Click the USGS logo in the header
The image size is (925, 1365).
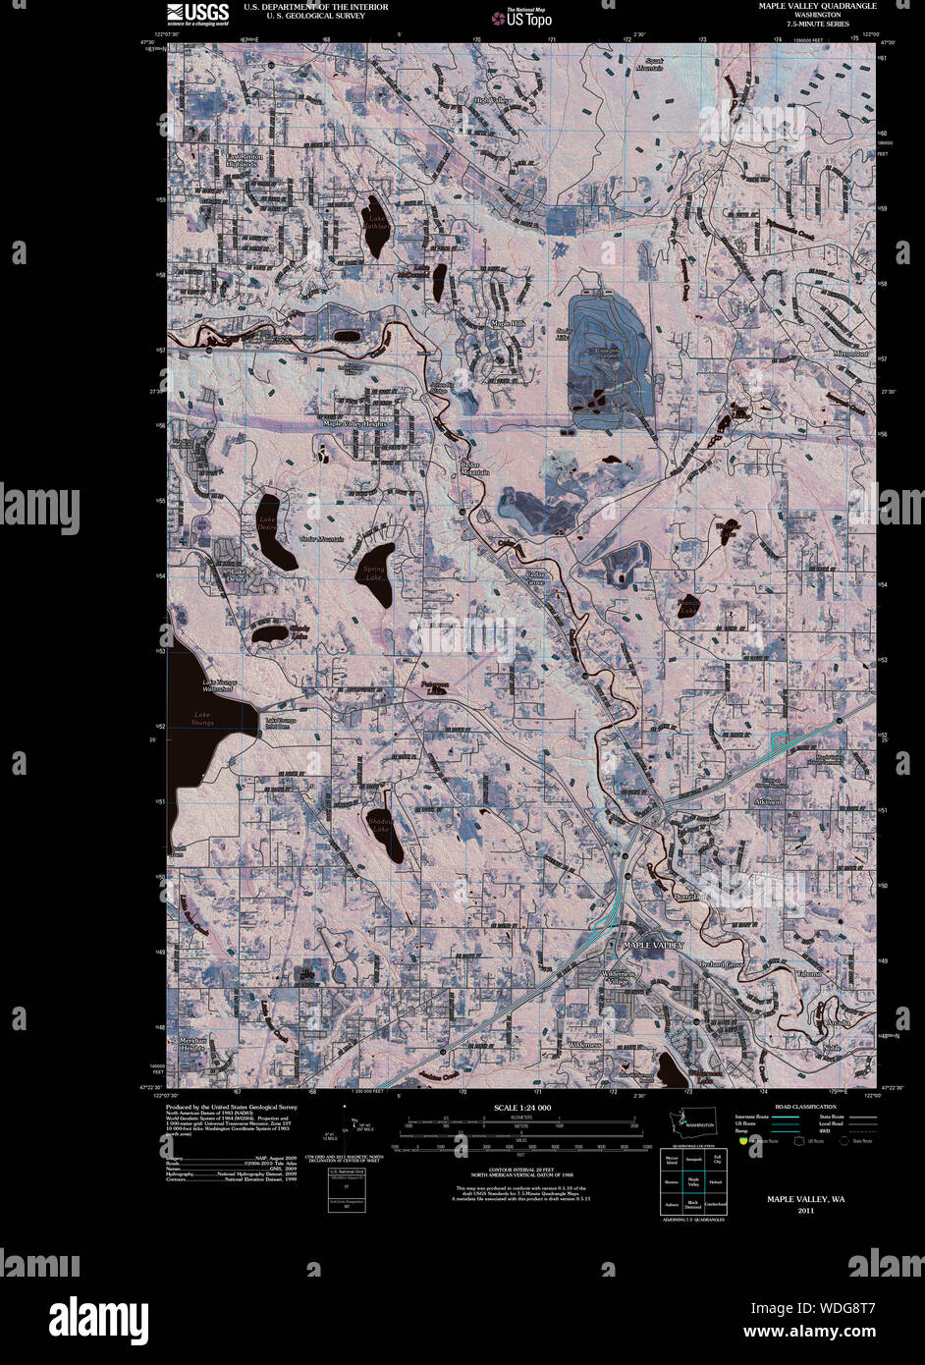click(x=197, y=12)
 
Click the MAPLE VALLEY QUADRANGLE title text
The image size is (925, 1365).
click(x=817, y=6)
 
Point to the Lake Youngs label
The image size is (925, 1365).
click(x=202, y=715)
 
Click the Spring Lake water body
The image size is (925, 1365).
click(x=376, y=573)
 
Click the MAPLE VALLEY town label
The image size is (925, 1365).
click(x=653, y=944)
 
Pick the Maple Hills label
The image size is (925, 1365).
click(x=509, y=323)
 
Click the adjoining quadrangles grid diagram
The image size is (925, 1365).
click(x=693, y=1181)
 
